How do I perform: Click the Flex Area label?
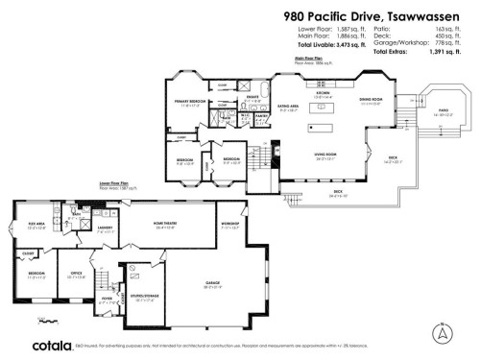tap(37, 227)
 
